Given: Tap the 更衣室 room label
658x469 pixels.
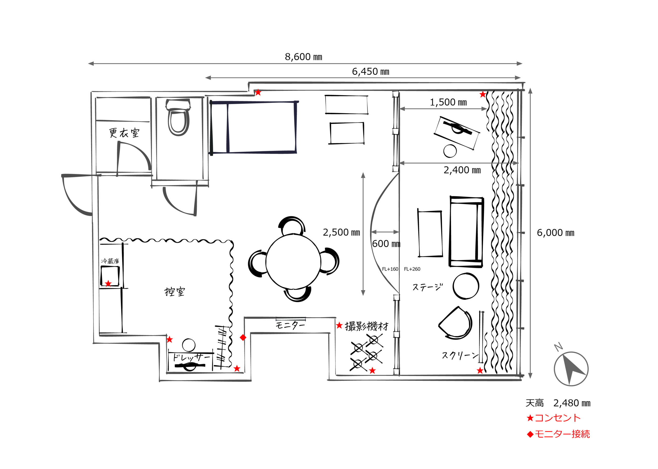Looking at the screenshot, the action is point(124,133).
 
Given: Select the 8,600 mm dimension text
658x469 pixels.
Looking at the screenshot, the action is point(303,57).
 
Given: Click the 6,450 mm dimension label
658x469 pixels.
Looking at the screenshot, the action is point(370,71).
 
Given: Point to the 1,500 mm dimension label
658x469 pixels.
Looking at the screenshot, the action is point(448,102).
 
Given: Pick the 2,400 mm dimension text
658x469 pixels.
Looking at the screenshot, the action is point(462,170).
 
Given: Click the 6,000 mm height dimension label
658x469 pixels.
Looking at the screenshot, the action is point(555,233).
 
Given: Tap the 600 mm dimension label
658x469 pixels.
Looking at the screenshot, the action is point(386,243).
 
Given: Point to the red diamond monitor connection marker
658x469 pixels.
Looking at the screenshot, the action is point(243,337).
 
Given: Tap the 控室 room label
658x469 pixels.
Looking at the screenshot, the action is point(175,291).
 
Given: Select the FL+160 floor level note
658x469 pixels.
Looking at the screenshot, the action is point(390,269).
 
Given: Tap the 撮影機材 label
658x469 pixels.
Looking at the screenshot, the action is point(367,326).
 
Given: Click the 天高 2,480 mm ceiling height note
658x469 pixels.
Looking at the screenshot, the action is point(558,403).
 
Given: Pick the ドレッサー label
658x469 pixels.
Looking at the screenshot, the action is point(191,357).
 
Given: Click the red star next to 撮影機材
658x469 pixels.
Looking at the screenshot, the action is point(339,325).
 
